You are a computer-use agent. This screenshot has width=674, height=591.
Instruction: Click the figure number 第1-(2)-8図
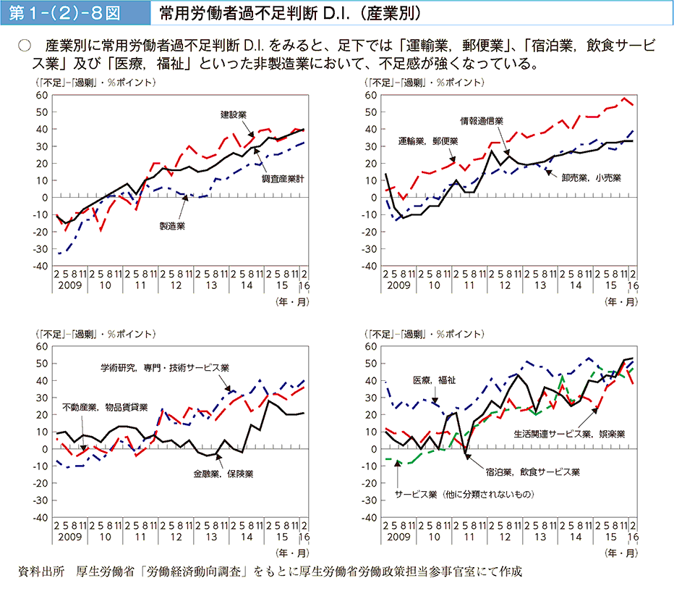pos(72,14)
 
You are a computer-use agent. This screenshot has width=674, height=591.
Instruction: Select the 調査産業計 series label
pos(282,177)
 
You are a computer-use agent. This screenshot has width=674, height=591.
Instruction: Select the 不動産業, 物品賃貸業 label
pos(105,406)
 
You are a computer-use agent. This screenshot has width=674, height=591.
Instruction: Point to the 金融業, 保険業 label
pos(223,474)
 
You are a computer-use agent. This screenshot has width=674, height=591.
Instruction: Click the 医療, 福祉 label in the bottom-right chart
pos(434,380)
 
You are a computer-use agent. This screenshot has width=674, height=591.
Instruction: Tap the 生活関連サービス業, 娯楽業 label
pos(569,434)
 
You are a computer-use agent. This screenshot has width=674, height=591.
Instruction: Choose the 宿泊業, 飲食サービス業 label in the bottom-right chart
pos(532,471)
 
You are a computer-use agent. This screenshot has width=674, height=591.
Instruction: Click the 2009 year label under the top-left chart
pos(69,286)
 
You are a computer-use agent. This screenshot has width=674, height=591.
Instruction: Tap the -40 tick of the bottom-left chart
pos(40,518)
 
